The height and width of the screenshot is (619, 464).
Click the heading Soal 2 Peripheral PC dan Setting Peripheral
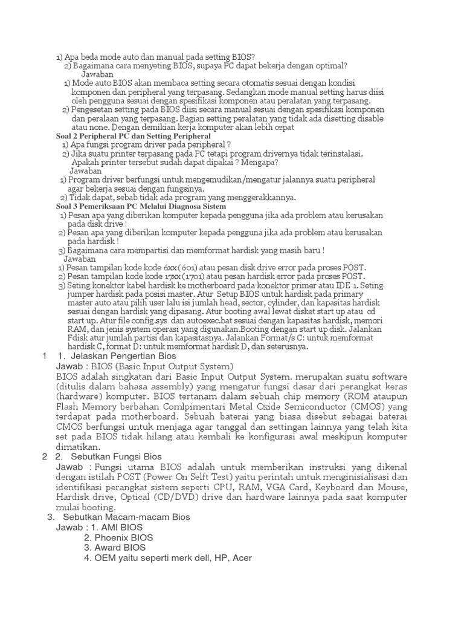[x=133, y=137]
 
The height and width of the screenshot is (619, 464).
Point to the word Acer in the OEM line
[x=242, y=558]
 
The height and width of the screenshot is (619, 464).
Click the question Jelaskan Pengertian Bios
[x=114, y=356]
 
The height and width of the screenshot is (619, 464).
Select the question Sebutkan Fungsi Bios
[x=116, y=456]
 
